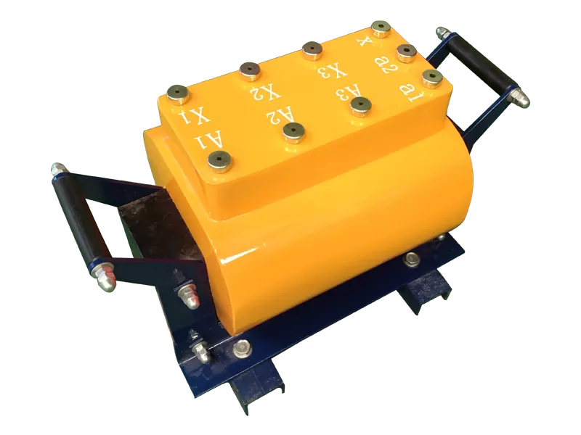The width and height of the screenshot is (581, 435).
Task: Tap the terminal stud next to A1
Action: pyautogui.click(x=219, y=160)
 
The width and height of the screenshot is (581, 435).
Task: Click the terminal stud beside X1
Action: pyautogui.click(x=177, y=94)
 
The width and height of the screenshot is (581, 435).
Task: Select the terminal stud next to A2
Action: pyautogui.click(x=293, y=130)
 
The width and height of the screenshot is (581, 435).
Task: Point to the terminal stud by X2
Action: pyautogui.click(x=251, y=70)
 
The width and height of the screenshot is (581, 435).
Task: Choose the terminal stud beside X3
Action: pyautogui.click(x=313, y=51)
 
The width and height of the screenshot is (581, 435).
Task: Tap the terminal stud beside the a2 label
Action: pyautogui.click(x=405, y=51)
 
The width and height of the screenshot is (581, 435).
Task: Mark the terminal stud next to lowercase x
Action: pyautogui.click(x=381, y=28)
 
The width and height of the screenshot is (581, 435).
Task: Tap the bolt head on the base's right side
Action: pyautogui.click(x=413, y=258)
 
